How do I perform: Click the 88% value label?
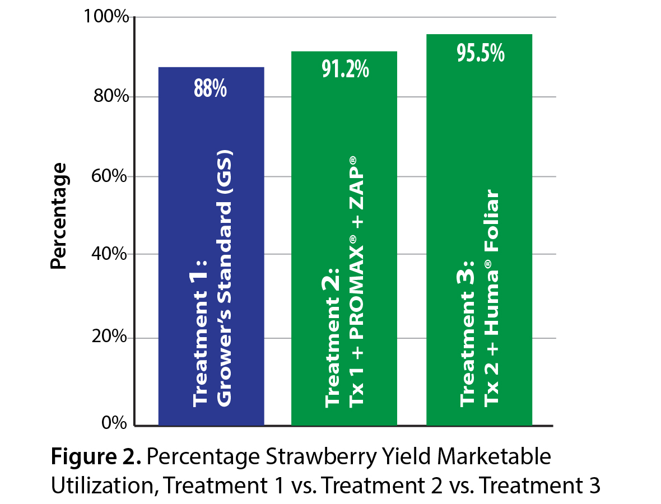coord(211,88)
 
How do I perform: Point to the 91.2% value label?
coord(344,70)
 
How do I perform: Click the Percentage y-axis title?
coord(58,216)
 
